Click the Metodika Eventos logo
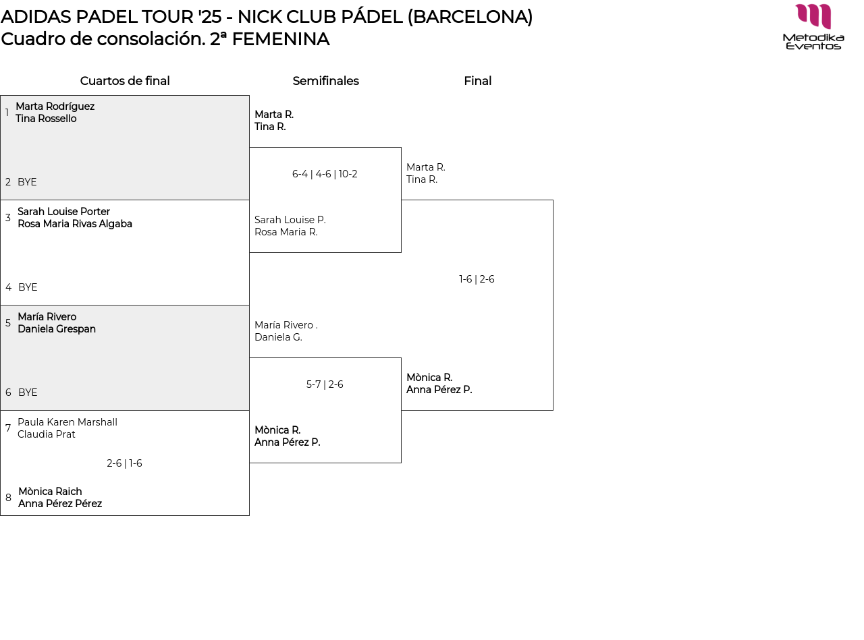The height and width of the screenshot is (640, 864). point(813,27)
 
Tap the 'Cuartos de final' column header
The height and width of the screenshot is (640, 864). point(125,81)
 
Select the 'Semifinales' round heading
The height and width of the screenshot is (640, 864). point(325,81)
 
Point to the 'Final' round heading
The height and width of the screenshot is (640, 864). point(477,81)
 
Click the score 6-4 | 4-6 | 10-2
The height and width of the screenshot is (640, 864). point(325,174)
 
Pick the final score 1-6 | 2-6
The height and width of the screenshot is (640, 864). point(477,279)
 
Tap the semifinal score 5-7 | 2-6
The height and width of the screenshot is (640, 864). point(325,384)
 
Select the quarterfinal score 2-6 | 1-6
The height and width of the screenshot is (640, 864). point(124,463)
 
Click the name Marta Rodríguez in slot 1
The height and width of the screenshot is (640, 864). point(55,107)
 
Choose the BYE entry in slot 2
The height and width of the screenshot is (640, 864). point(27,182)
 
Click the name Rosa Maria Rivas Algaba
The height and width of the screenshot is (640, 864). point(75,224)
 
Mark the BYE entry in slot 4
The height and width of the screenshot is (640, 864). point(28,287)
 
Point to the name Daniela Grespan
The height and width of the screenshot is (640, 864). point(57,329)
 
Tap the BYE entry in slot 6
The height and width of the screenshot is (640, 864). point(28,392)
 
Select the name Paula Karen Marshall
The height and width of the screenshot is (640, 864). point(67,422)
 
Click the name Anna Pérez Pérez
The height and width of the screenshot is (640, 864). point(60,504)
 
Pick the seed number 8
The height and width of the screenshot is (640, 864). point(8,498)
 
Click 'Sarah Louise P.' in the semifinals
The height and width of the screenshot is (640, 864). point(290,220)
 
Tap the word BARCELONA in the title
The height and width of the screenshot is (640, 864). point(469,17)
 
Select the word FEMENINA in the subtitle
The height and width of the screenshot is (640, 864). point(280,39)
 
